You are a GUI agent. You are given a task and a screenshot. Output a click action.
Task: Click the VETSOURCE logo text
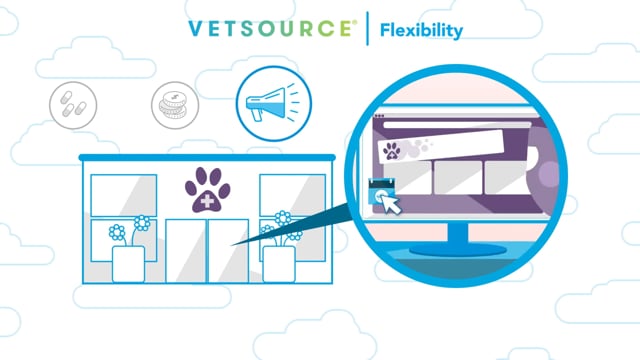[272, 29]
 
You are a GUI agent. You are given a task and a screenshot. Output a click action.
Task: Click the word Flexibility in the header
[421, 30]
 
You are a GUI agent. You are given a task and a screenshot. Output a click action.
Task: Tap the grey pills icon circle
[73, 105]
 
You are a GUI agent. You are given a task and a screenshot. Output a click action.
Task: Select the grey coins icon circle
[175, 105]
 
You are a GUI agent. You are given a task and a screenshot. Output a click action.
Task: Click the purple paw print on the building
[207, 189]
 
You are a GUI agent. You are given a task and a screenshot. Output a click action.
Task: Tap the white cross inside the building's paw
[207, 201]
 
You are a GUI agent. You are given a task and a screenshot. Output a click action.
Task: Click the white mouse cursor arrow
[391, 204]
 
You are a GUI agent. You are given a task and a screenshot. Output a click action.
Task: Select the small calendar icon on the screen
[381, 191]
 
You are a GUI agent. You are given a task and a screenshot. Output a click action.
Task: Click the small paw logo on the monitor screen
[392, 151]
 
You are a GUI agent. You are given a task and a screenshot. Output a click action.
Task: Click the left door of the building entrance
[186, 251]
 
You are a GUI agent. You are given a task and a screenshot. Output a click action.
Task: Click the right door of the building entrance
[229, 251]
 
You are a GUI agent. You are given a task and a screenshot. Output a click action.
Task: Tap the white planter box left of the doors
[128, 264]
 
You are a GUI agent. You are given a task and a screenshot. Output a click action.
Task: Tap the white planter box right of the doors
[279, 264]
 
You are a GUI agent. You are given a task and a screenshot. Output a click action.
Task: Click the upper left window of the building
[124, 196]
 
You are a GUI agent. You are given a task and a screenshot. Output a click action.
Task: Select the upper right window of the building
[293, 196]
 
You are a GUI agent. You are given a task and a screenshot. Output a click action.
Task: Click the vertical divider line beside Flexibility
[367, 29]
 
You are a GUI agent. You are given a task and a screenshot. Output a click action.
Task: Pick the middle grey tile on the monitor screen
[458, 178]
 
